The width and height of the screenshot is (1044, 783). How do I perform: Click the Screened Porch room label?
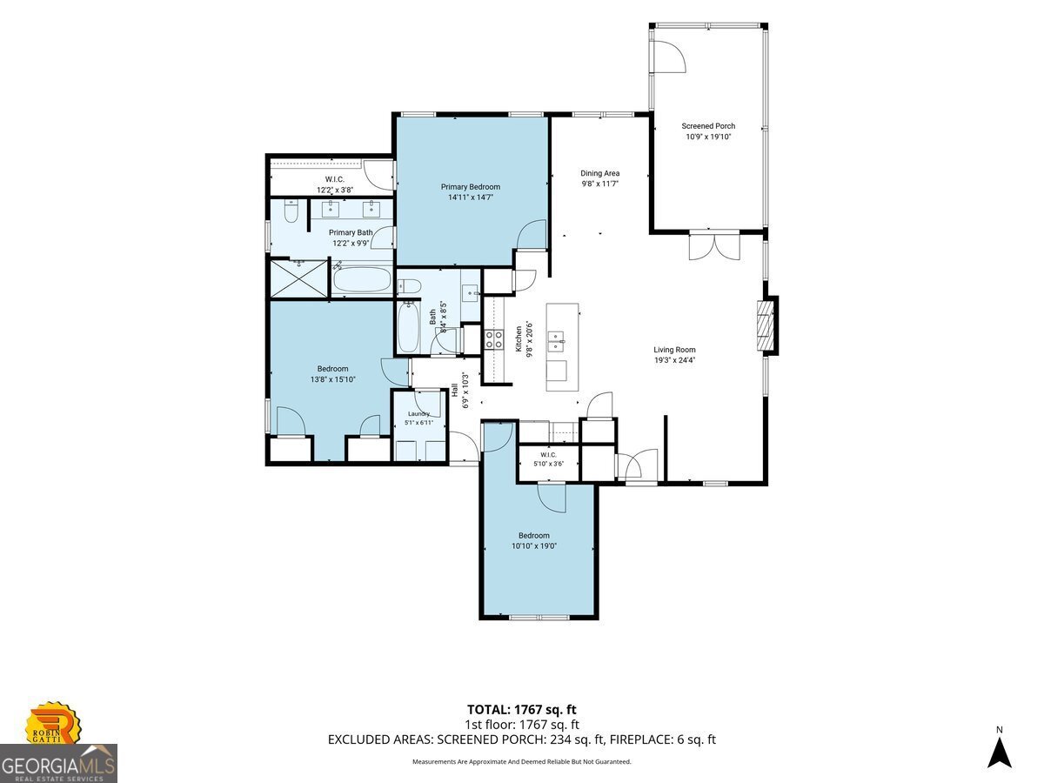point(707,126)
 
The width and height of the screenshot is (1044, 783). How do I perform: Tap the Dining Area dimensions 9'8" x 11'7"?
point(599,184)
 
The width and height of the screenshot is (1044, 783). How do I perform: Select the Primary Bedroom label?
point(470,187)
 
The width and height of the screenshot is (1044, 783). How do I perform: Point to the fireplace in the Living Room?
point(766,325)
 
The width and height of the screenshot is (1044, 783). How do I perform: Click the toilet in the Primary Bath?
point(291,211)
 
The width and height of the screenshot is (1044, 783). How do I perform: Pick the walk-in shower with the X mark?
point(298,278)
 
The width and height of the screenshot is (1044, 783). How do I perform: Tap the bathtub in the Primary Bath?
point(362,279)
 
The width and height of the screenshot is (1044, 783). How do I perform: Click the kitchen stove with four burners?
point(493,339)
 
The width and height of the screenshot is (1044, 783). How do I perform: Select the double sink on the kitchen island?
point(556,341)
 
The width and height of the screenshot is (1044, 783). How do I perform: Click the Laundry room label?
point(418,414)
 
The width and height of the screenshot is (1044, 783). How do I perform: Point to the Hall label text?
point(455,391)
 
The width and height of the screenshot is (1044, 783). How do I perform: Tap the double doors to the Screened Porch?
point(714,245)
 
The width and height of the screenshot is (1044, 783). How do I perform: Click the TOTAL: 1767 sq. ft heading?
point(521,710)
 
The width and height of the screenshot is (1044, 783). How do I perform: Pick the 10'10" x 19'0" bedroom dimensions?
point(533,545)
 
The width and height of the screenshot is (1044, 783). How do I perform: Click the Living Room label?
point(674,350)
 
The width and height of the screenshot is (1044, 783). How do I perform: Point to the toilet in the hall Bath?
point(409,285)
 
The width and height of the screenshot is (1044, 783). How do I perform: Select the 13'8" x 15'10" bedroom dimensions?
point(333,379)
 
